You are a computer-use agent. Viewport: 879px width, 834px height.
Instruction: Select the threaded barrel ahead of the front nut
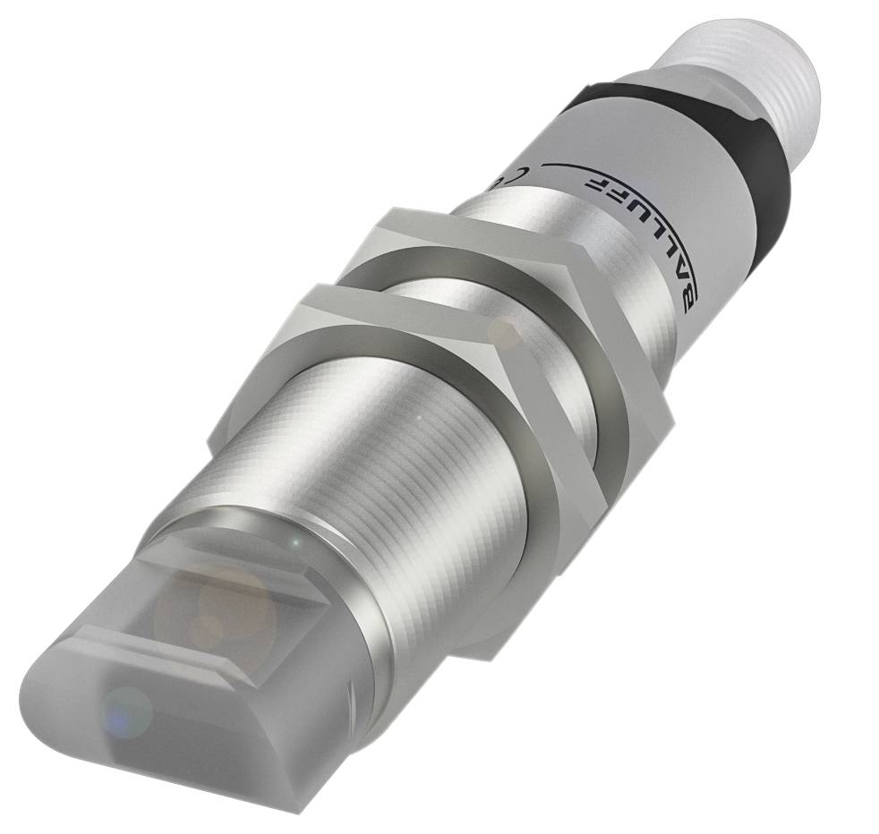(376, 465)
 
